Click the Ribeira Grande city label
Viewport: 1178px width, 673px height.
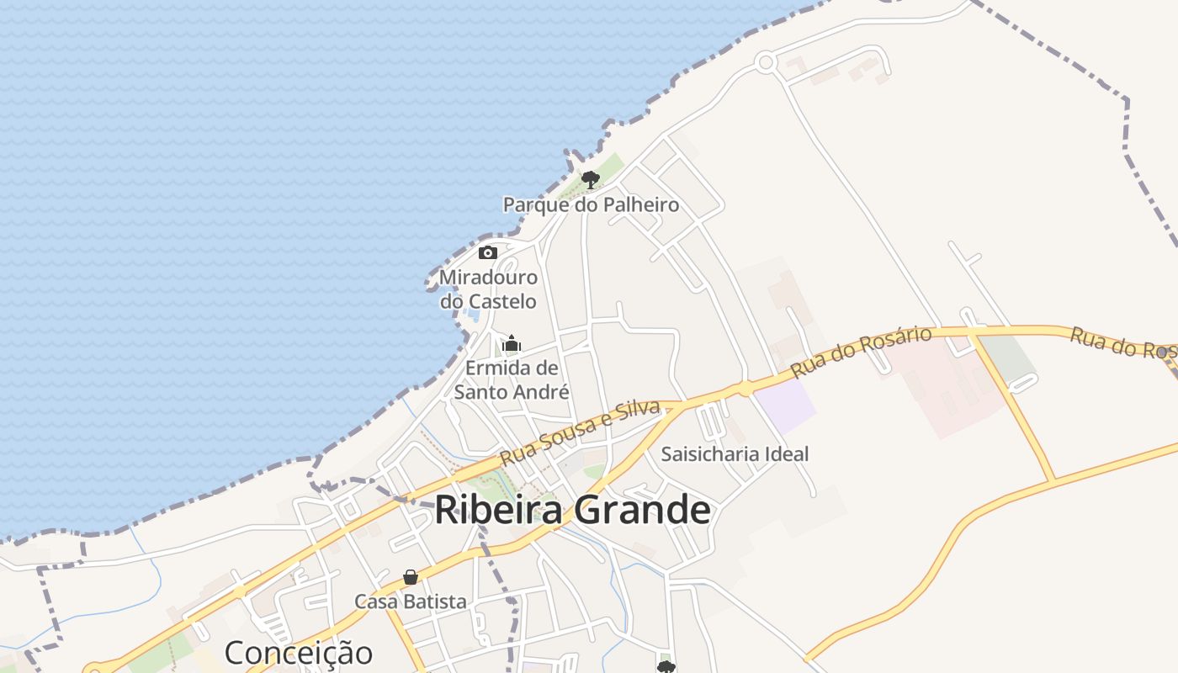tap(572, 511)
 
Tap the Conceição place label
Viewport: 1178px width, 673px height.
tap(298, 653)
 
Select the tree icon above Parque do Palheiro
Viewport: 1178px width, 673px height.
tap(590, 178)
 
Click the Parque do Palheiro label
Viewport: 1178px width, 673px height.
tap(591, 204)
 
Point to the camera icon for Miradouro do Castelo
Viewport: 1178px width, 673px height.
tap(487, 252)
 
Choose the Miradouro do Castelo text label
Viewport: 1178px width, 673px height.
tap(488, 289)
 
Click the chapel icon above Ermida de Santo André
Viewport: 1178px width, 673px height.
tap(511, 343)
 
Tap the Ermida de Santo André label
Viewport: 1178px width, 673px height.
tap(512, 380)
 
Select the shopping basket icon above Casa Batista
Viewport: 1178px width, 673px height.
tap(410, 577)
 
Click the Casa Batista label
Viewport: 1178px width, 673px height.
tap(410, 601)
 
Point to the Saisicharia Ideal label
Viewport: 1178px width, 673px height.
tap(735, 454)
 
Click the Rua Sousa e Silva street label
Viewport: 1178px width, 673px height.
tap(580, 432)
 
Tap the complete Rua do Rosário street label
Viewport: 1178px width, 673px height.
tap(861, 352)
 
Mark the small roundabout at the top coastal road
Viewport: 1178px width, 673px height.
tap(765, 62)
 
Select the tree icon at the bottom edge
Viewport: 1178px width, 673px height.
tap(666, 667)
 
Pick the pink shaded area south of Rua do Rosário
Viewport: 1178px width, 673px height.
tap(942, 387)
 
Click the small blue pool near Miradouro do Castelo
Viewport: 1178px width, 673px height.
tap(472, 315)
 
